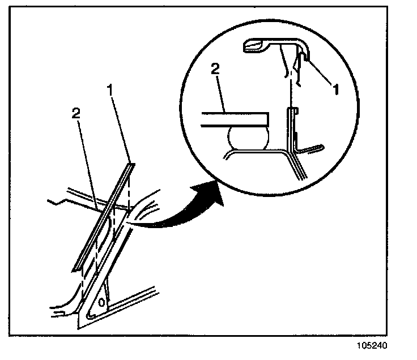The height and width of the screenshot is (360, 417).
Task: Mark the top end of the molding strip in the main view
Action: coord(132,165)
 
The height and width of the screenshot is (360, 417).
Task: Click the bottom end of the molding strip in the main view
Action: coord(75,268)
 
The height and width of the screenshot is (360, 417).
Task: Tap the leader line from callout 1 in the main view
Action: coord(122,130)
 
